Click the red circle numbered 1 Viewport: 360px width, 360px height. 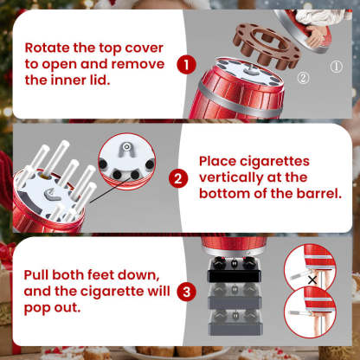click(184, 63)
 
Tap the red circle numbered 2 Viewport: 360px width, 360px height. click(177, 179)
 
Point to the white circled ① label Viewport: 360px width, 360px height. click(337, 63)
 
